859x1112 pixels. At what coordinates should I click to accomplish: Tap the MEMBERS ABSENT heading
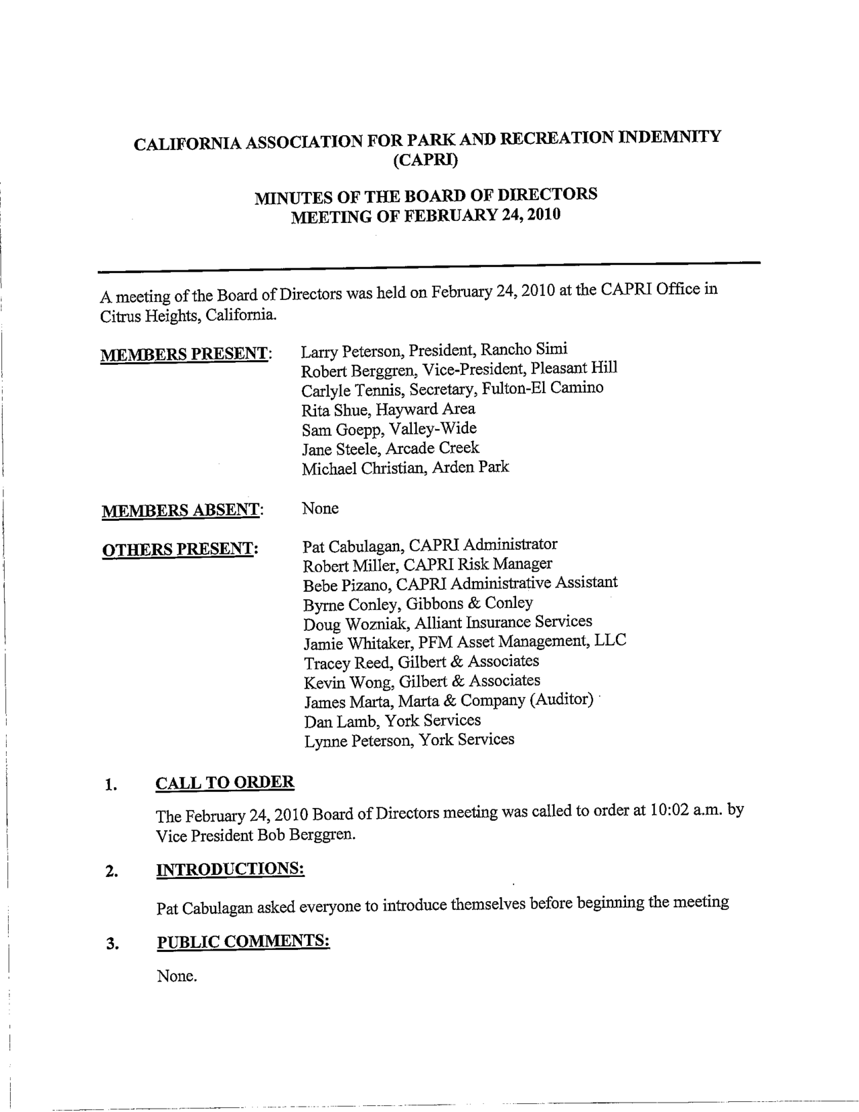181,511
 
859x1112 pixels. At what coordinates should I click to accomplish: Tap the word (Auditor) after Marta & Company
561,699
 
